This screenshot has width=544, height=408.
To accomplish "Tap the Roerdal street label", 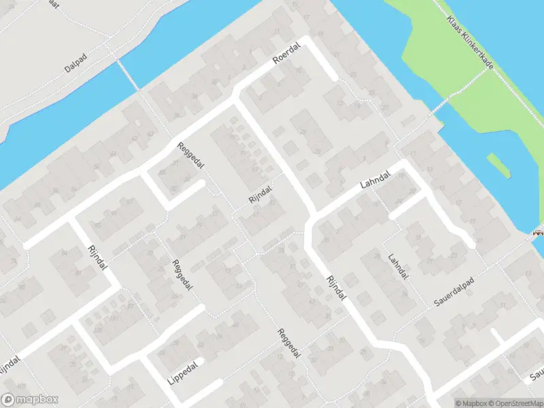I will (286, 60).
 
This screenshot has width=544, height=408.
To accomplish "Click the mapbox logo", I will (30, 400).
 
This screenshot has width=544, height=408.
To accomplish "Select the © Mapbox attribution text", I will (470, 403).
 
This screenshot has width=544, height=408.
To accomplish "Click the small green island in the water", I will (500, 165).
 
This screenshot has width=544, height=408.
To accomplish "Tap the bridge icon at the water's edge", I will (539, 233).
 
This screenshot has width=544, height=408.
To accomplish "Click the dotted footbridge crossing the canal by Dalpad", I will (128, 73).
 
